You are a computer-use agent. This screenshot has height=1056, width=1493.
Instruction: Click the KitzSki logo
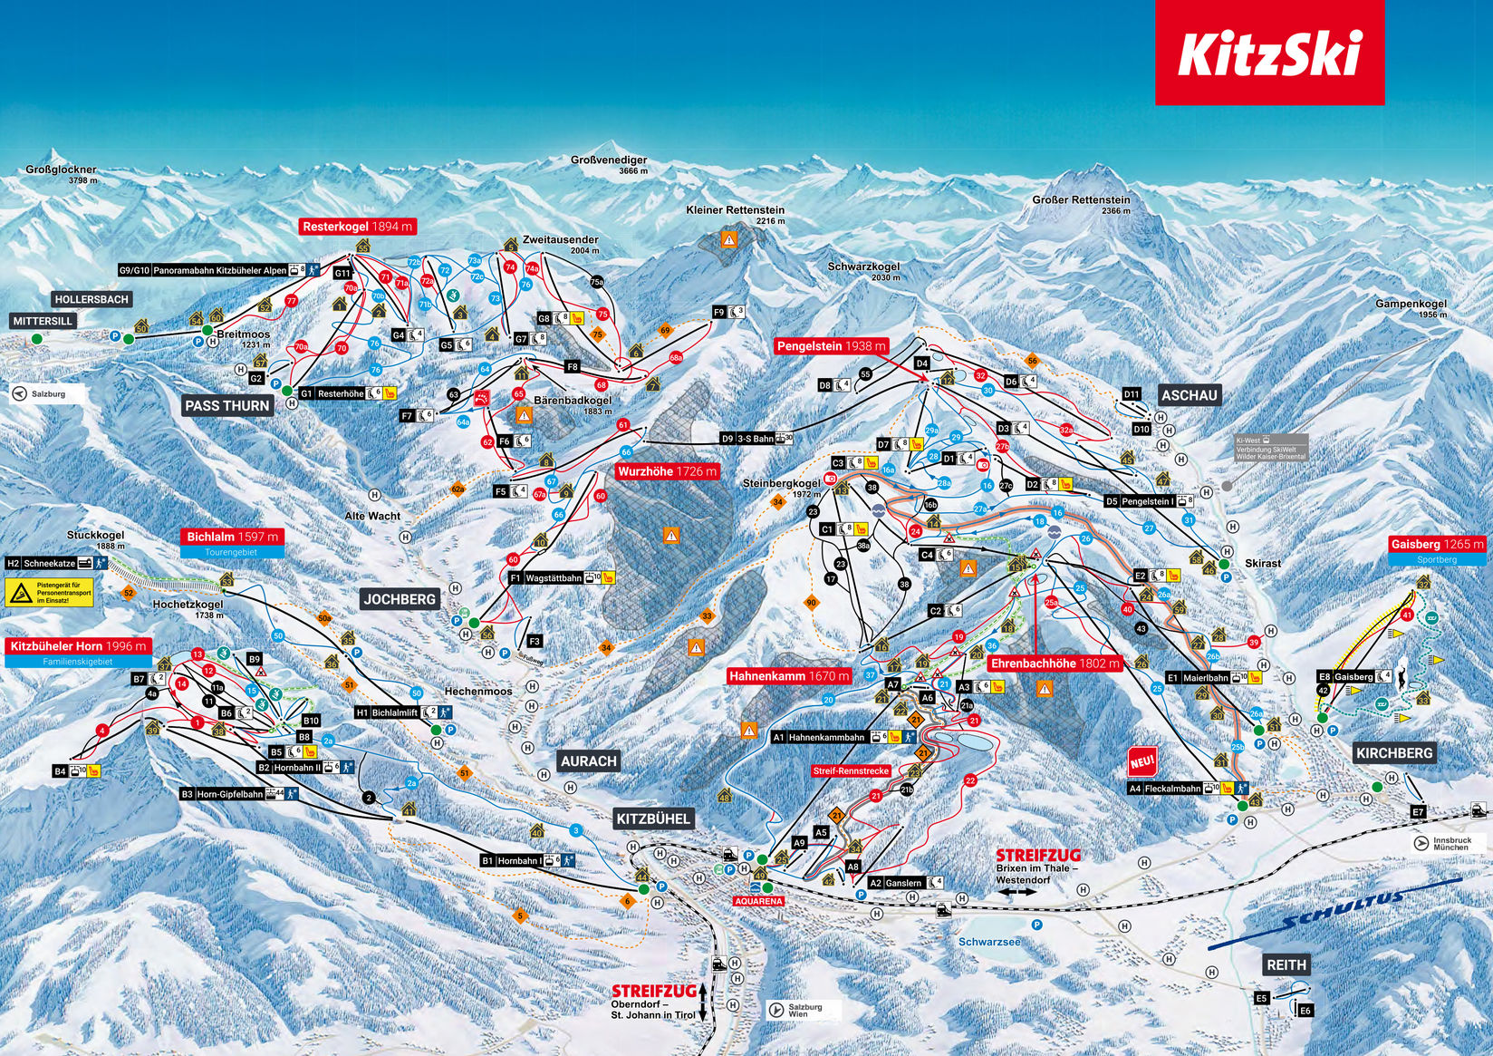[1268, 53]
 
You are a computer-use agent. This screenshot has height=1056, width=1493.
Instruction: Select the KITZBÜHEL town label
[654, 819]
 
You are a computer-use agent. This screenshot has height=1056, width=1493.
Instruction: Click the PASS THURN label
[227, 405]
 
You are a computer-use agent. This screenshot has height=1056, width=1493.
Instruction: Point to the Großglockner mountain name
[62, 170]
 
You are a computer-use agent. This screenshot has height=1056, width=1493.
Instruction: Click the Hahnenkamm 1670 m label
[789, 675]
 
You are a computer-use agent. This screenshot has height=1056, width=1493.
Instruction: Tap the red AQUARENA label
[756, 902]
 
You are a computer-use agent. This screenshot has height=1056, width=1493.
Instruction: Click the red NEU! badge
[1141, 761]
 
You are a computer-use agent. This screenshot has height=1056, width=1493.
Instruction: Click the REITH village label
[1287, 964]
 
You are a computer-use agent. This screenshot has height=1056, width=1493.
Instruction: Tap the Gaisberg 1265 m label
[1437, 544]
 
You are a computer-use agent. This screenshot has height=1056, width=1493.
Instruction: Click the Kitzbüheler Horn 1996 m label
[79, 646]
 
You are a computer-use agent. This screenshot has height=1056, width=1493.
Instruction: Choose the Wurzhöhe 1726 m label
[668, 471]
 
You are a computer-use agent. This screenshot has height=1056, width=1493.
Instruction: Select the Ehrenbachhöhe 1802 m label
[1055, 664]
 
